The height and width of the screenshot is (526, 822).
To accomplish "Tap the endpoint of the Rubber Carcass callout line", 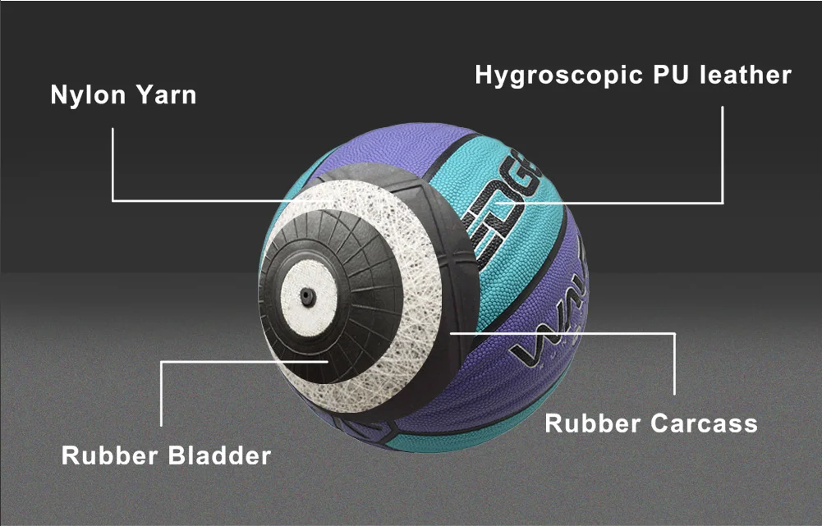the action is click(x=451, y=333).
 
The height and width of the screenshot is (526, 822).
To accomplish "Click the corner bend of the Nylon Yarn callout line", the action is click(x=113, y=200).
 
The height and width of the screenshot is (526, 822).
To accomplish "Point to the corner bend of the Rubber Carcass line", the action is click(x=675, y=333).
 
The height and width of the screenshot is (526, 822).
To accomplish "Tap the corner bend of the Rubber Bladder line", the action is click(x=162, y=361).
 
